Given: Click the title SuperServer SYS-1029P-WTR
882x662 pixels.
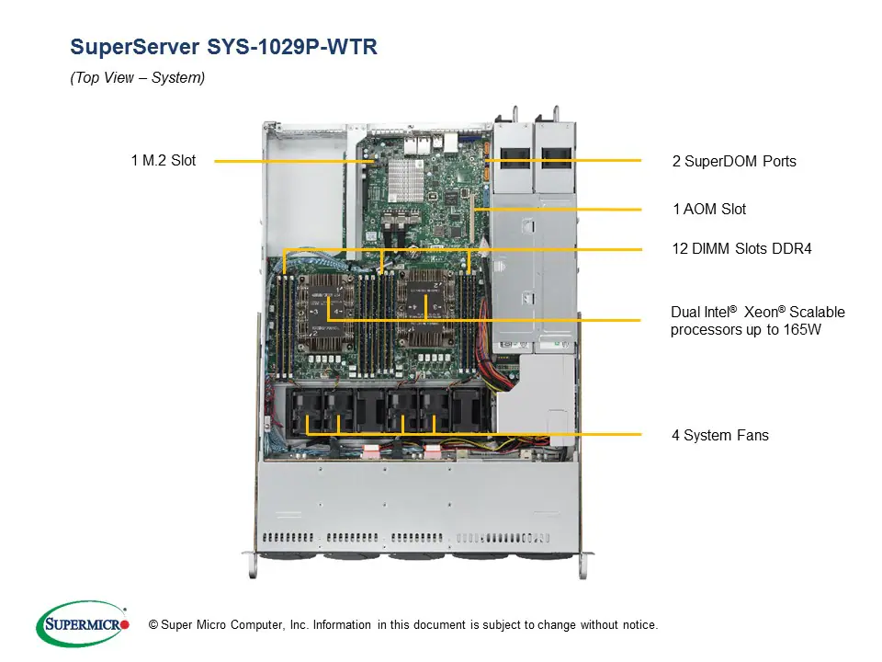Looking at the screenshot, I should click(x=223, y=47).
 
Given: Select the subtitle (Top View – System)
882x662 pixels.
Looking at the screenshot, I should click(x=138, y=78).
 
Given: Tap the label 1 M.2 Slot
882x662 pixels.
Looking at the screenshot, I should click(x=164, y=161).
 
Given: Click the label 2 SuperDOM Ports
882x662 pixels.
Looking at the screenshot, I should click(x=734, y=161).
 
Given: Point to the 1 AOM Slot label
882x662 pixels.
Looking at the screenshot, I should click(x=709, y=210).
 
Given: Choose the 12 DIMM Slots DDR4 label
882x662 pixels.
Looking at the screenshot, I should click(x=742, y=248).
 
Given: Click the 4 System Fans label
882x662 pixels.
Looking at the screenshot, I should click(x=720, y=435).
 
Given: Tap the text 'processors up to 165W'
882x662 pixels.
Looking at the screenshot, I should click(x=745, y=330).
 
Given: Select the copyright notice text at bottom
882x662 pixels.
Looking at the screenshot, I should click(x=403, y=625).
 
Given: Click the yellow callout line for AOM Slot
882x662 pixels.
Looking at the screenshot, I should click(x=560, y=211).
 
